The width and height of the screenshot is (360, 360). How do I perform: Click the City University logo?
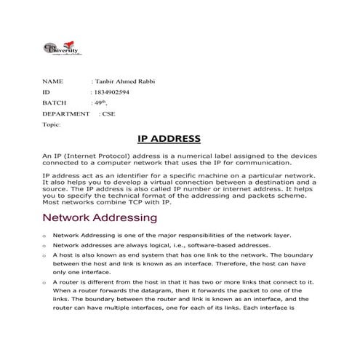[x=61, y=48]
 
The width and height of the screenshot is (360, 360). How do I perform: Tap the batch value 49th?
[x=103, y=103]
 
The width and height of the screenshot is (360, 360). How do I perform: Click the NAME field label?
[x=53, y=82]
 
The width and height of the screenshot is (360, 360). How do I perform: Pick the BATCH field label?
[x=55, y=103]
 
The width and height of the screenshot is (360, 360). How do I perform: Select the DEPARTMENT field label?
[x=66, y=114]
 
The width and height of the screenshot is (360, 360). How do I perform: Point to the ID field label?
[x=46, y=93]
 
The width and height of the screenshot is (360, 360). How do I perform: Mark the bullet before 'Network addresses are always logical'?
[x=45, y=246]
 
